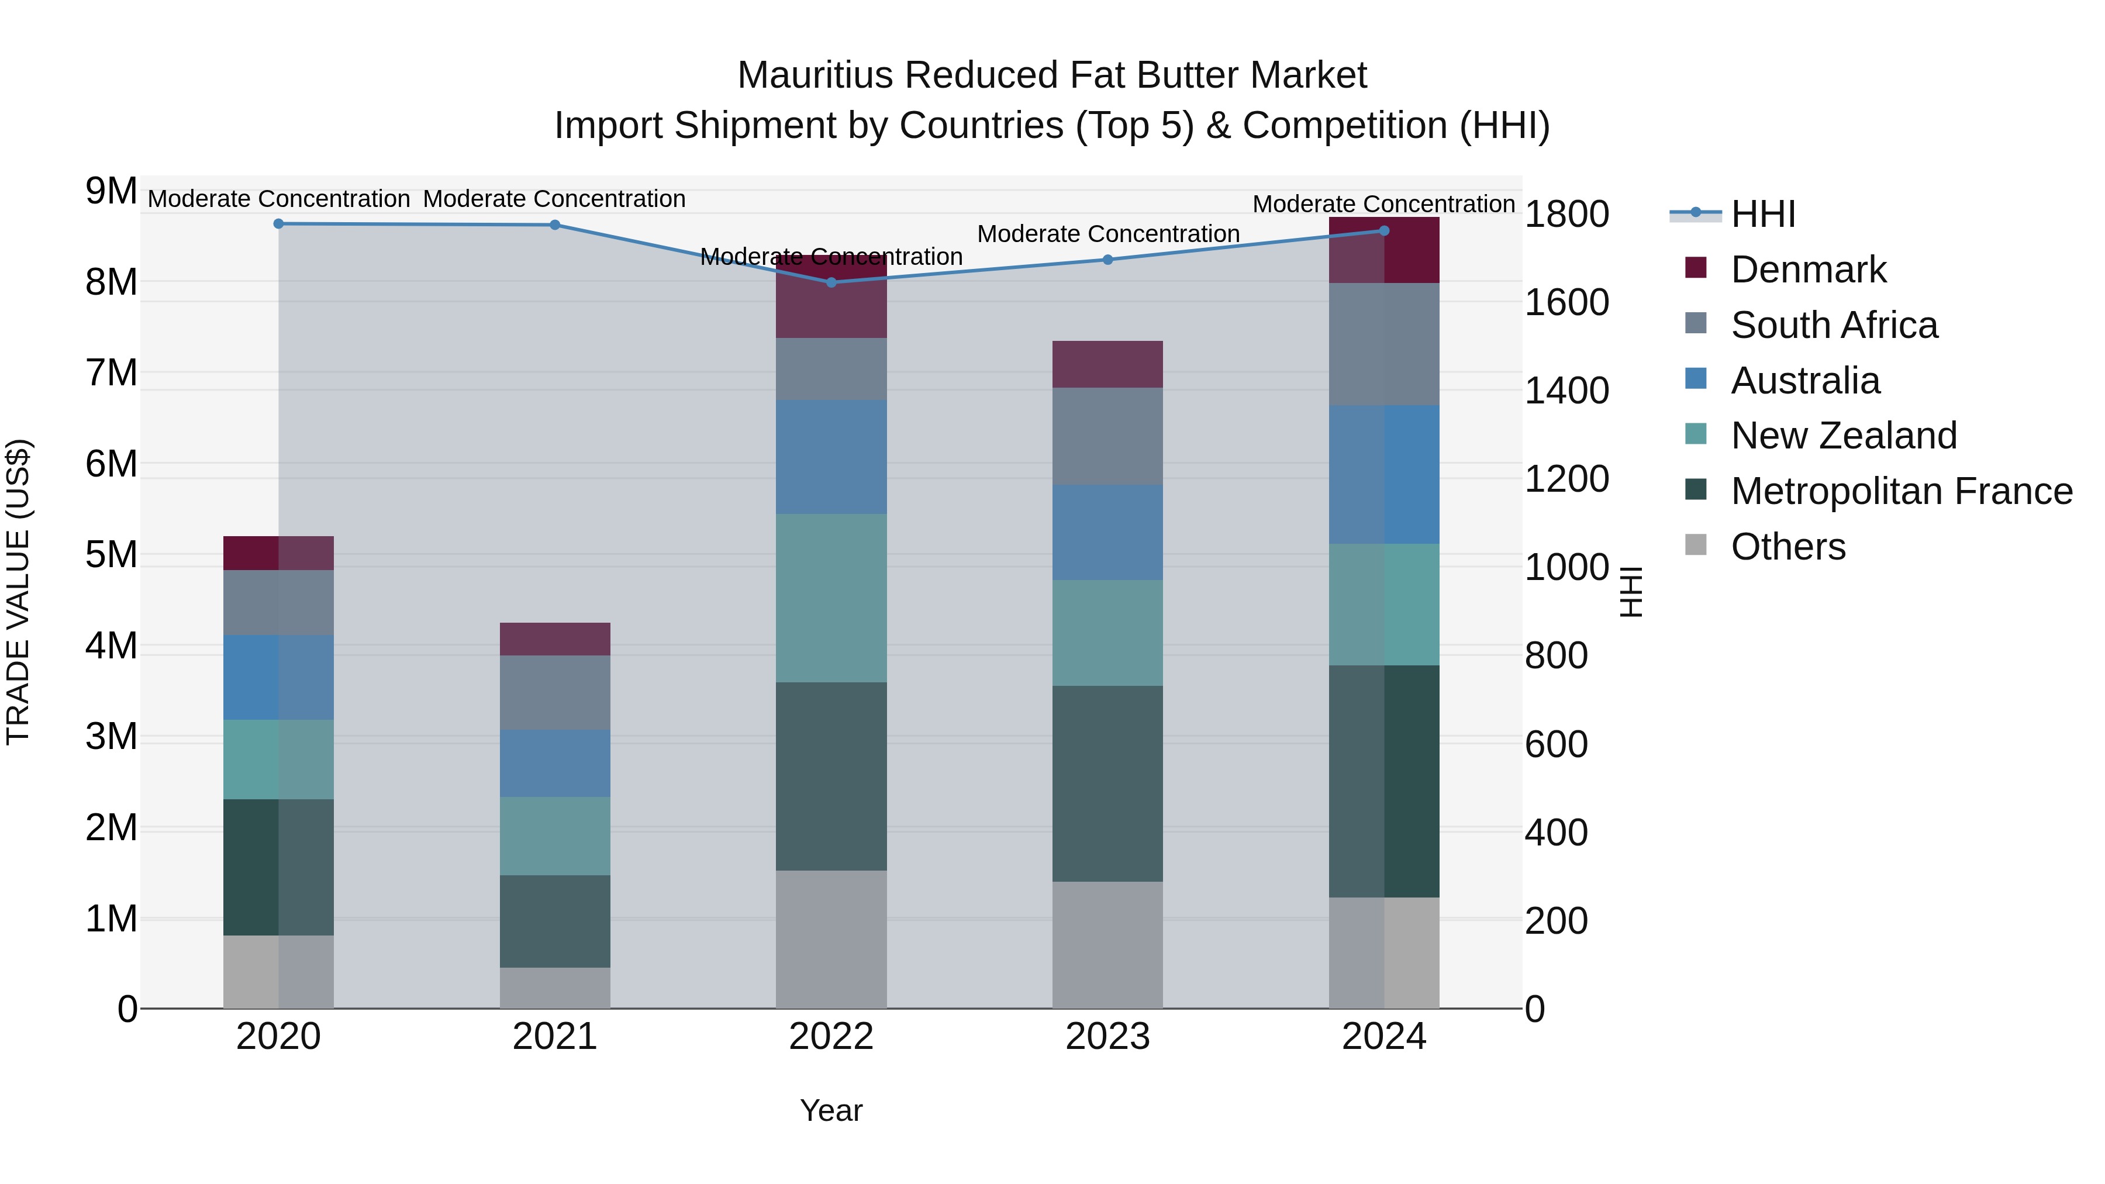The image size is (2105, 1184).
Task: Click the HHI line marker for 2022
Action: [x=831, y=283]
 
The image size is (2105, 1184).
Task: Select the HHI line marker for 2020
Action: [x=279, y=224]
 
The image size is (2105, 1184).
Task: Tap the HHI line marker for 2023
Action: [x=1108, y=260]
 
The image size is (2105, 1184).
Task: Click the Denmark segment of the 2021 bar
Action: [x=555, y=639]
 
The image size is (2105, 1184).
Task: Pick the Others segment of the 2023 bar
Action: [x=1107, y=945]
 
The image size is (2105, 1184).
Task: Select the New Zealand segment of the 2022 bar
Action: [x=831, y=598]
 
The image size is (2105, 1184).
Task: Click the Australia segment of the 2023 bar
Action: [x=1107, y=533]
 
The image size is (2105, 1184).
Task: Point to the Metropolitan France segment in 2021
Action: [x=555, y=921]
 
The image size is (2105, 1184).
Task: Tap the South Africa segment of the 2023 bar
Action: [x=1107, y=436]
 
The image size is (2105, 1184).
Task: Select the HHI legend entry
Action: [x=1762, y=214]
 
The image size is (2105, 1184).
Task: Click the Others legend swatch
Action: [x=1696, y=545]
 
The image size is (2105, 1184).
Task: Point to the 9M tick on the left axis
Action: [x=111, y=191]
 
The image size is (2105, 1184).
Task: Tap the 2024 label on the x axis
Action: [x=1383, y=1037]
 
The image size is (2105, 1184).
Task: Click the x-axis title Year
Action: [x=831, y=1110]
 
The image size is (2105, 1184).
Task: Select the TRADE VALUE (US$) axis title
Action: [x=18, y=592]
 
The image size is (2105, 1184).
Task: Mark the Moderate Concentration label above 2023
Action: [x=1108, y=234]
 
